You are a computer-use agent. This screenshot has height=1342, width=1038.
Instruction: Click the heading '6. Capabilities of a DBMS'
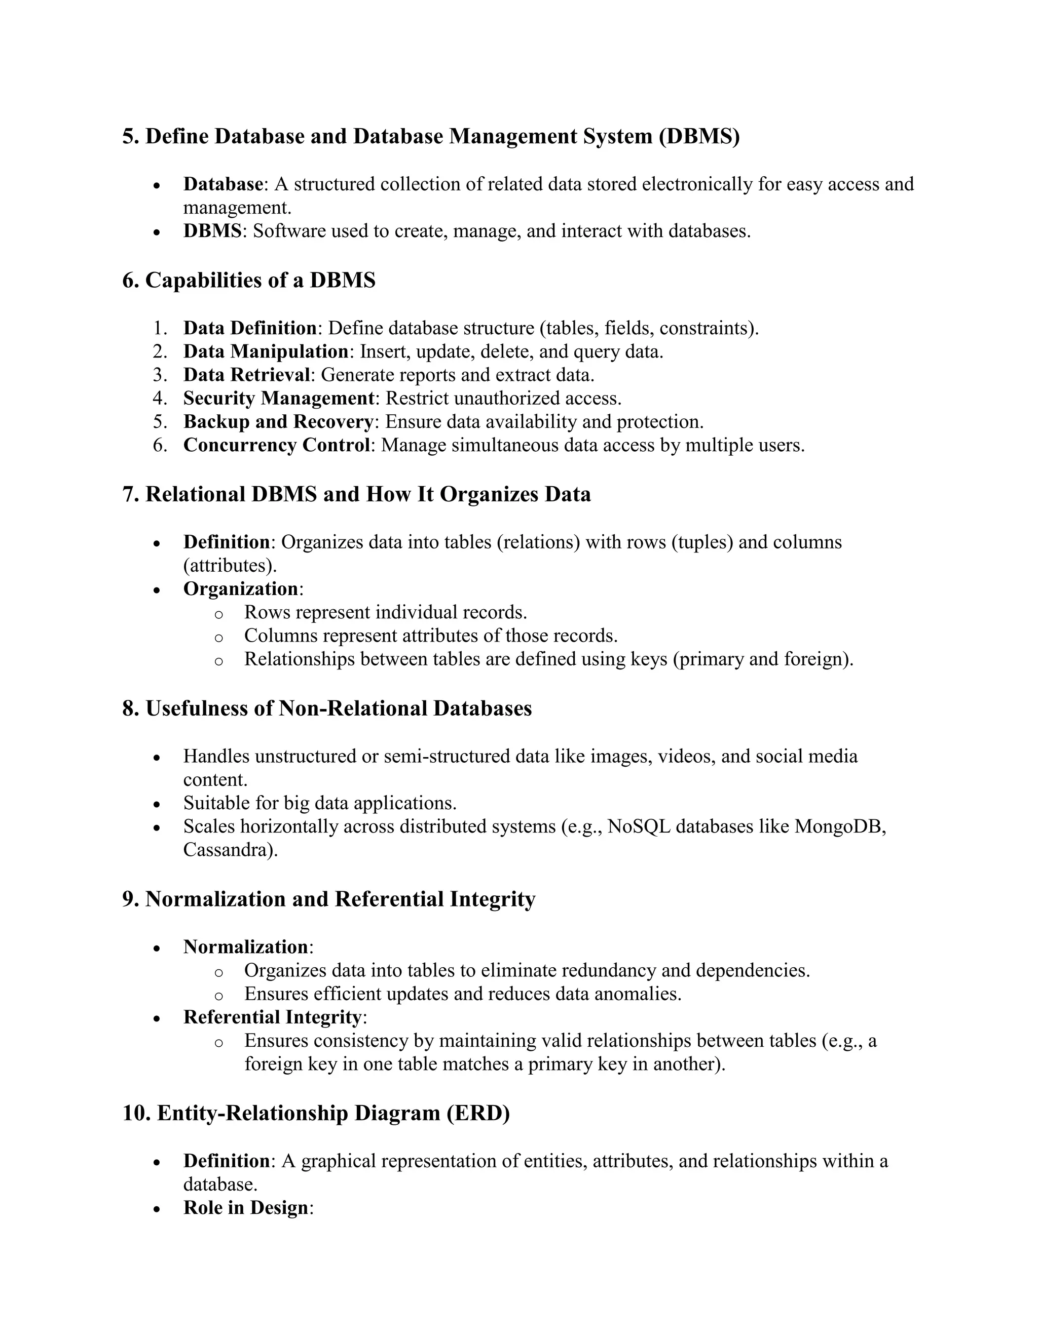(248, 280)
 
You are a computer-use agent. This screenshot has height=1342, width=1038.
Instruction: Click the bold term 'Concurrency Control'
(276, 445)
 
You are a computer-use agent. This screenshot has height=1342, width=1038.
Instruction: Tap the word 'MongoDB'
(839, 826)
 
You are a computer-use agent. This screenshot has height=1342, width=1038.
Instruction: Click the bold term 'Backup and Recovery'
(278, 421)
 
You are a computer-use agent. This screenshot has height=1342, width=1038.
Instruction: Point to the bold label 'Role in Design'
(246, 1207)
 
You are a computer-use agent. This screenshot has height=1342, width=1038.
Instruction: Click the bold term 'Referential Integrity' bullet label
(272, 1017)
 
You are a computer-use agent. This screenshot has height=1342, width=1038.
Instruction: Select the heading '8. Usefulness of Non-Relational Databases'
(326, 708)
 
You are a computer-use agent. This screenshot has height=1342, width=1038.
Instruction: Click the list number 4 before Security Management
(160, 398)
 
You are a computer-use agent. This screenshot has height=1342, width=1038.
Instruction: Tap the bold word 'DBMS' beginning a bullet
(212, 231)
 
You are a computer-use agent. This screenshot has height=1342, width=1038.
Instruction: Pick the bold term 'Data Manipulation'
(266, 351)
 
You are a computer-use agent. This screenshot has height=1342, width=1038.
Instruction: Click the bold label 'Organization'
(240, 588)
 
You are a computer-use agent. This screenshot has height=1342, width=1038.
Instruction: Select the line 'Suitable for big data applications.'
(320, 803)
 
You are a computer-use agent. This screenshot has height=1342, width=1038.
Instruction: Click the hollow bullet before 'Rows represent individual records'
(218, 614)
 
